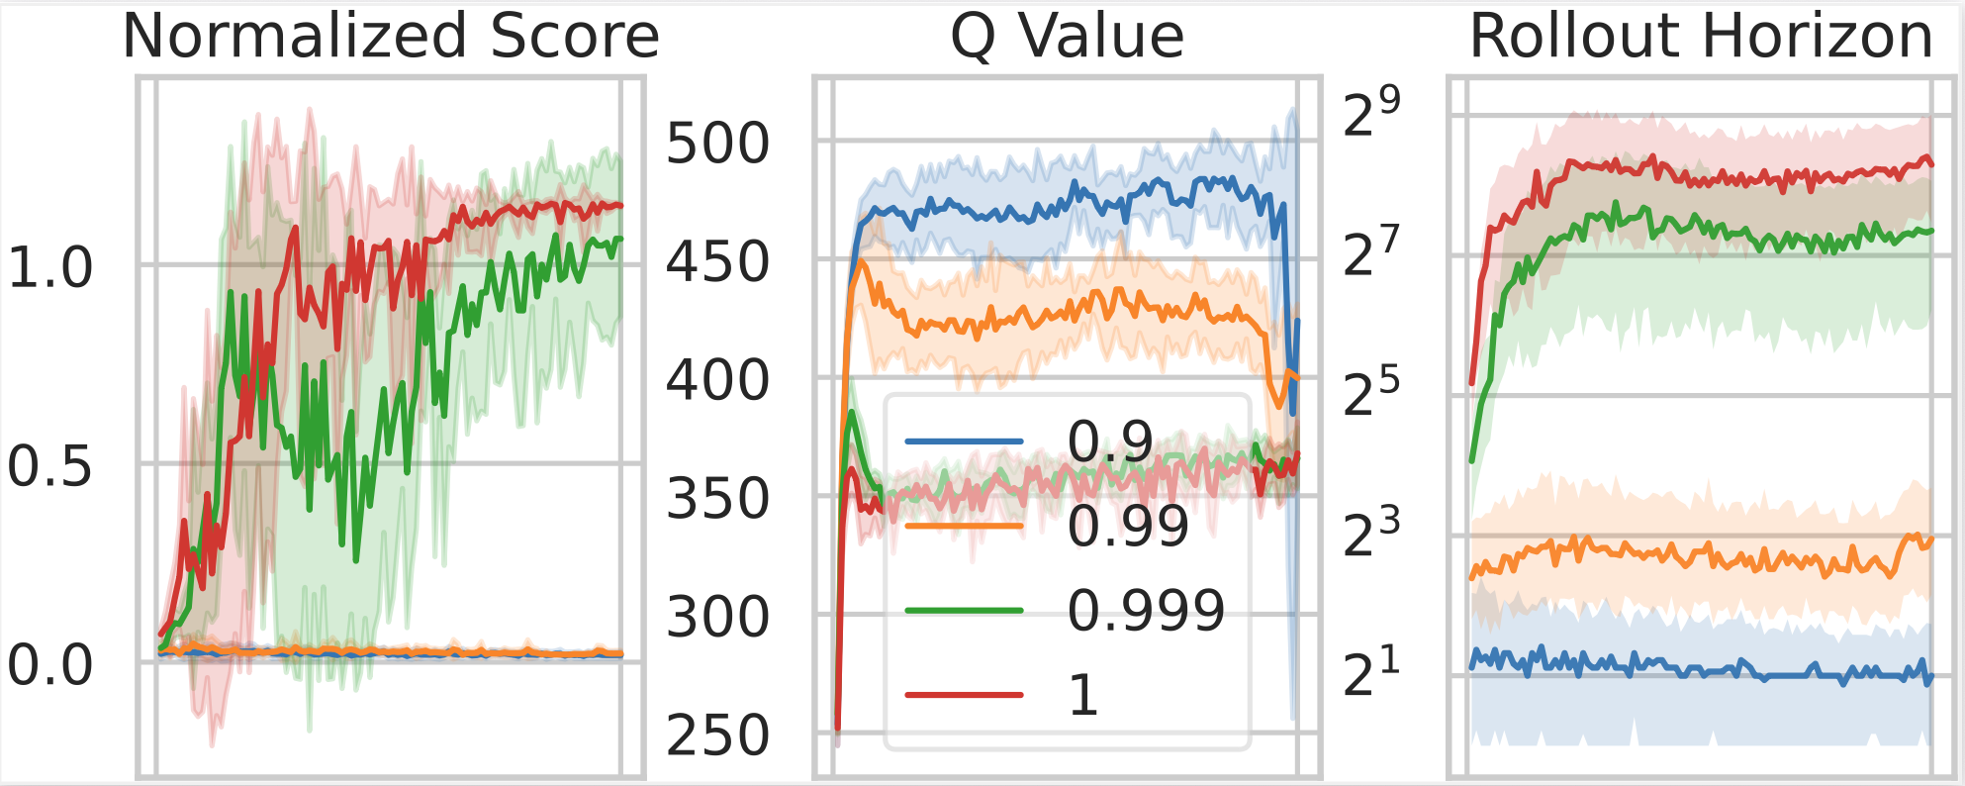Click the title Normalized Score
[391, 37]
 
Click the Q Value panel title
[1067, 37]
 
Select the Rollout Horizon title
[1701, 37]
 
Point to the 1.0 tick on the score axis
[49, 267]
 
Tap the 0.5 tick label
[49, 465]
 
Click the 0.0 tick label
[49, 664]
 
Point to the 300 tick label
[717, 617]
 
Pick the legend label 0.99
[1128, 526]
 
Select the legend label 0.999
[1146, 610]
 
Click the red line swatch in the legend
[964, 695]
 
